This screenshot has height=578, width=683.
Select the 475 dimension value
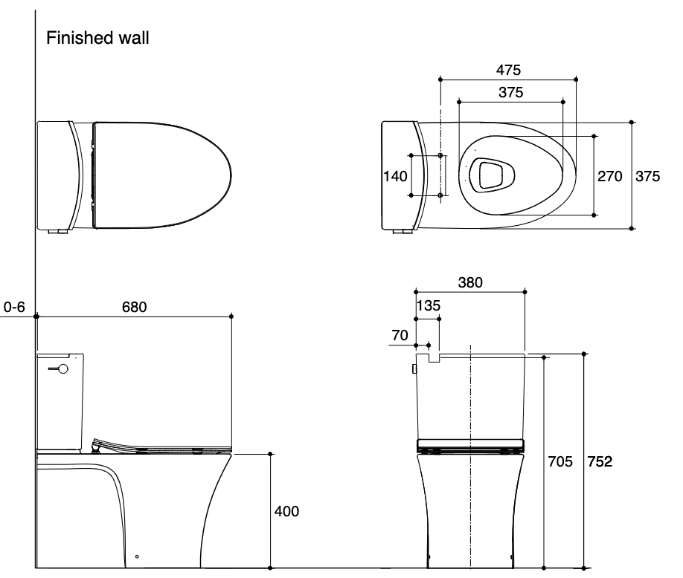[x=508, y=69]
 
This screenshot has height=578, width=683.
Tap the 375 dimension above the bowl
[x=510, y=93]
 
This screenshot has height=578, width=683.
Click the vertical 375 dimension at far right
[x=647, y=176]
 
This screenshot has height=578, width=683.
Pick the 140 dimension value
[x=394, y=176]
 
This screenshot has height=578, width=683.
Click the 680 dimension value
[x=134, y=306]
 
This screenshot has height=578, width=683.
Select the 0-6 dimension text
[x=15, y=306]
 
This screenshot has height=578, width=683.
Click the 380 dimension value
[x=470, y=282]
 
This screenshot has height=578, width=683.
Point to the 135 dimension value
[x=429, y=306]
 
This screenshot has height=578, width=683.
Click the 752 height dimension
[x=600, y=462]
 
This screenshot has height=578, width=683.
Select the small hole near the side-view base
[x=137, y=556]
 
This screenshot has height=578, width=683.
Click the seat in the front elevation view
[x=470, y=446]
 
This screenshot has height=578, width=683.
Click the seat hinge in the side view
[x=96, y=446]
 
